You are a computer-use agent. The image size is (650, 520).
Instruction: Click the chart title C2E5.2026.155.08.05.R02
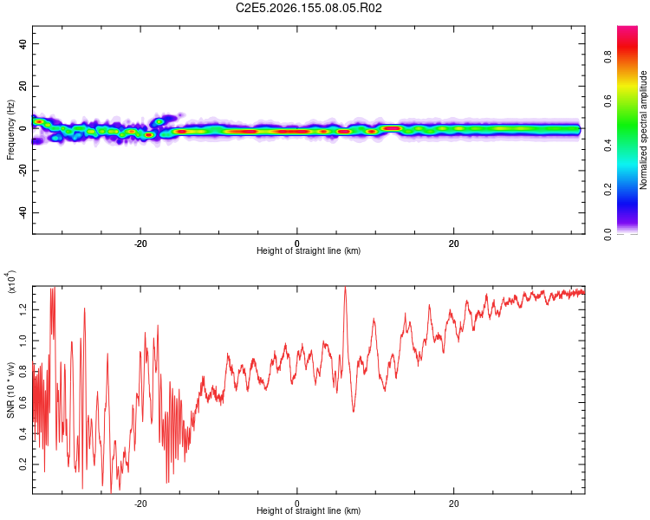click(x=309, y=8)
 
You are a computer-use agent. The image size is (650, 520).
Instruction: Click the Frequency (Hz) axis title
click(x=10, y=130)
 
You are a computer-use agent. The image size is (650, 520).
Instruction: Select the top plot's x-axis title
click(x=309, y=250)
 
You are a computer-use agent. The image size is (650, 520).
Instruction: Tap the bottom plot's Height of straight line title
click(x=309, y=510)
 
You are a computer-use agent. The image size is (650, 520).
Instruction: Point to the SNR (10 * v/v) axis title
click(x=10, y=390)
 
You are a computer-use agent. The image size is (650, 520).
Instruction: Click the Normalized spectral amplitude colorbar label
click(x=643, y=130)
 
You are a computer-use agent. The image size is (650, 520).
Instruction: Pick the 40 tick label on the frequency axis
click(x=23, y=43)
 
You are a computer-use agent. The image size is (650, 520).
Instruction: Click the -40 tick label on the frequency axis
click(x=23, y=212)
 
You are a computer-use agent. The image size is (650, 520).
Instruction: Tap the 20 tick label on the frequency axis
click(x=23, y=86)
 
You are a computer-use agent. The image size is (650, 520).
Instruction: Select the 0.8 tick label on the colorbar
click(x=608, y=56)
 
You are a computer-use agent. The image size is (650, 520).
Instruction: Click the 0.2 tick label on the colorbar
click(x=608, y=189)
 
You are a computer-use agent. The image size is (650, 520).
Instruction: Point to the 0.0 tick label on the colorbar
click(x=608, y=234)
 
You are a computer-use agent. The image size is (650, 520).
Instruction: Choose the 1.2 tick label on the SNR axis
click(x=23, y=309)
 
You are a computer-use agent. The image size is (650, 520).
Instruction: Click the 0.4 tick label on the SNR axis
click(x=23, y=433)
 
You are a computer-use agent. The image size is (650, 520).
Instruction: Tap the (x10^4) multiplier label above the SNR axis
click(x=10, y=282)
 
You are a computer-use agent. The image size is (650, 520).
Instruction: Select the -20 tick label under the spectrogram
click(x=140, y=244)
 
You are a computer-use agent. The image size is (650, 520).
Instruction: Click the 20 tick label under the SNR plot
click(x=453, y=504)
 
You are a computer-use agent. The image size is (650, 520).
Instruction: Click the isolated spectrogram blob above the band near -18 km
click(x=159, y=121)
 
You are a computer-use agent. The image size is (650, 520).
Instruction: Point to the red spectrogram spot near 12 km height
click(x=392, y=128)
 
